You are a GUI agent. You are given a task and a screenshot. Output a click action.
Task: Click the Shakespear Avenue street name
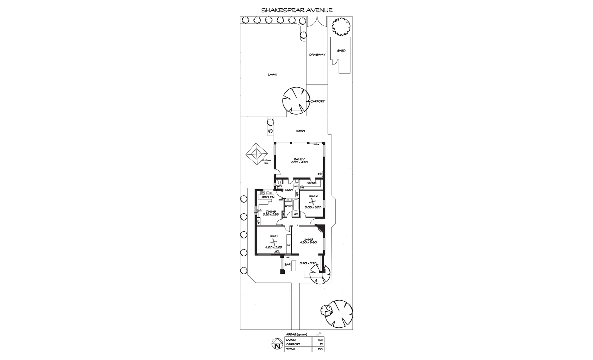pos(297,10)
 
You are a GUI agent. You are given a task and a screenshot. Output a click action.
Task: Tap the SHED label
pos(341,51)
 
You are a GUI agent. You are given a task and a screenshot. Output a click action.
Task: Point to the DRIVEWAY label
pos(317,55)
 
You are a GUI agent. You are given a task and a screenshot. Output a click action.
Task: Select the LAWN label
pos(272,75)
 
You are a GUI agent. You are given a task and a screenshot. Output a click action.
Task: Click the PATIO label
pos(301,131)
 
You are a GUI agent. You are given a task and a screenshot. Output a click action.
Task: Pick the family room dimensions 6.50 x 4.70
pos(299,162)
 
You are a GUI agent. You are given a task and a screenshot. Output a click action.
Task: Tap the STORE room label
pos(311,183)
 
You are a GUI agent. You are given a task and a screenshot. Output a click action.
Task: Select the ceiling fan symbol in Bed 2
pos(313,201)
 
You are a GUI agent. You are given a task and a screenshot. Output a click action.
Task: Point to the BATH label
pos(288,206)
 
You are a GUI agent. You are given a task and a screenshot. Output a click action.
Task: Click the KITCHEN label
pos(268,197)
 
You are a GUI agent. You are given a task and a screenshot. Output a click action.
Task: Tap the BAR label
pos(287,264)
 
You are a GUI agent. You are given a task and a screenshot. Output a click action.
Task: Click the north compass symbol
pos(276,344)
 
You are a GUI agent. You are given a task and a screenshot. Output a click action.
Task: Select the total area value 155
pos(320,349)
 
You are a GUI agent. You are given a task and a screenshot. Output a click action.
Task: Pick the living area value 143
pos(320,340)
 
